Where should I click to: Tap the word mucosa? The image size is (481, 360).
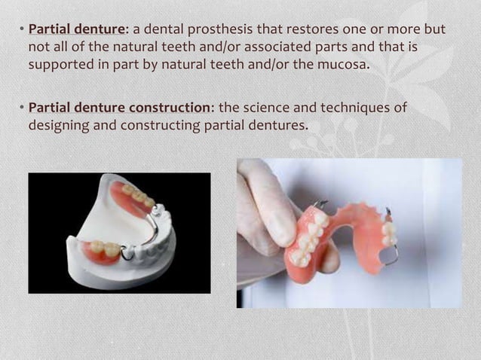point(346,64)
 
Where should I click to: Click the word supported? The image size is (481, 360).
point(58,64)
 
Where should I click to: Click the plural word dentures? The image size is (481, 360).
point(278,124)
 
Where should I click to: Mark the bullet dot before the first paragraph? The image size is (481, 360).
point(20,31)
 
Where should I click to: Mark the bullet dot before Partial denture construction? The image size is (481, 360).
point(20,108)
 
